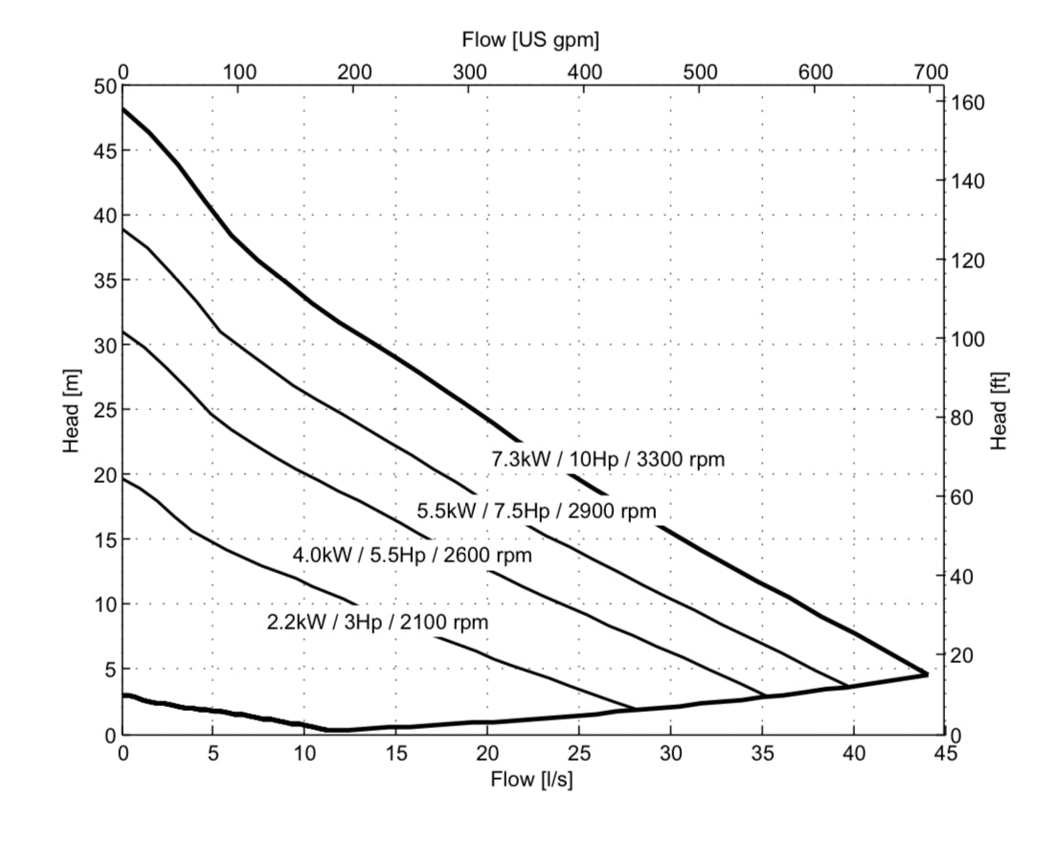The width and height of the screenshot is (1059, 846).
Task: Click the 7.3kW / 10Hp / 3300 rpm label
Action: (x=608, y=460)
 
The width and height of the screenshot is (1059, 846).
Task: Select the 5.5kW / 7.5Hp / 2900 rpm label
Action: (x=536, y=512)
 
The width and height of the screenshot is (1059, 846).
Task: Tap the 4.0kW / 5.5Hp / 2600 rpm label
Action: (x=412, y=556)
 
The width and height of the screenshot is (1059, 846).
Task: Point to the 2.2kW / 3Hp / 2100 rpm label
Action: (x=377, y=622)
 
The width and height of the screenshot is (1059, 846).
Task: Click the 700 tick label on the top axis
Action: (x=930, y=72)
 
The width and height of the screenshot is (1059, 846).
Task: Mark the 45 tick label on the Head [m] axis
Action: (x=103, y=150)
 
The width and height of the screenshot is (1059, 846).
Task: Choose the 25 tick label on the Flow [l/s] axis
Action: (x=579, y=753)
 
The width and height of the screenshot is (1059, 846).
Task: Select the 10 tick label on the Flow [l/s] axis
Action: (x=304, y=753)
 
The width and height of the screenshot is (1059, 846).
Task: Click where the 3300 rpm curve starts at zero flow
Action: (x=124, y=109)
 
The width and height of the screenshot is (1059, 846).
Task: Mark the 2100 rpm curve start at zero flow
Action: (x=124, y=479)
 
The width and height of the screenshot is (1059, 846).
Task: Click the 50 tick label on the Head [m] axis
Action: (x=103, y=86)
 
